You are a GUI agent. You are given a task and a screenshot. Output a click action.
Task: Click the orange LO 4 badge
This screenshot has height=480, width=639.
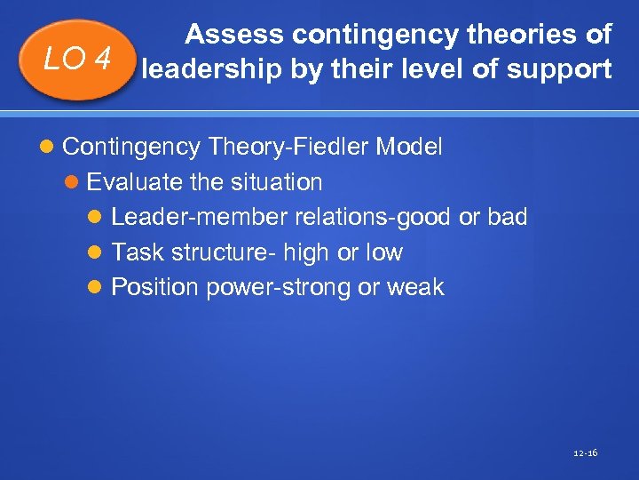pos(78,60)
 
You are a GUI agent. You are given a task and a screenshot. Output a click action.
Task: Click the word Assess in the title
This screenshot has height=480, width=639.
pos(234,35)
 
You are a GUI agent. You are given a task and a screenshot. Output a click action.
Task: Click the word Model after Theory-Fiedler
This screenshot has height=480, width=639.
pos(409,147)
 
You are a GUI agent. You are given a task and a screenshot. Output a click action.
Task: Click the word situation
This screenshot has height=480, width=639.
pos(278,182)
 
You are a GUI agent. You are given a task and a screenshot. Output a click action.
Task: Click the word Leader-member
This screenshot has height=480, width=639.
pos(200,217)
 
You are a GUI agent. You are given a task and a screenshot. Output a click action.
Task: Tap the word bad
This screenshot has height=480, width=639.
pos(507,217)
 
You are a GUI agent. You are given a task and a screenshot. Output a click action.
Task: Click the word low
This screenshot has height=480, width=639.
pos(383,252)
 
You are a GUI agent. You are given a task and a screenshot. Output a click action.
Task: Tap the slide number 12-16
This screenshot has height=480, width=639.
pos(586,453)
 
